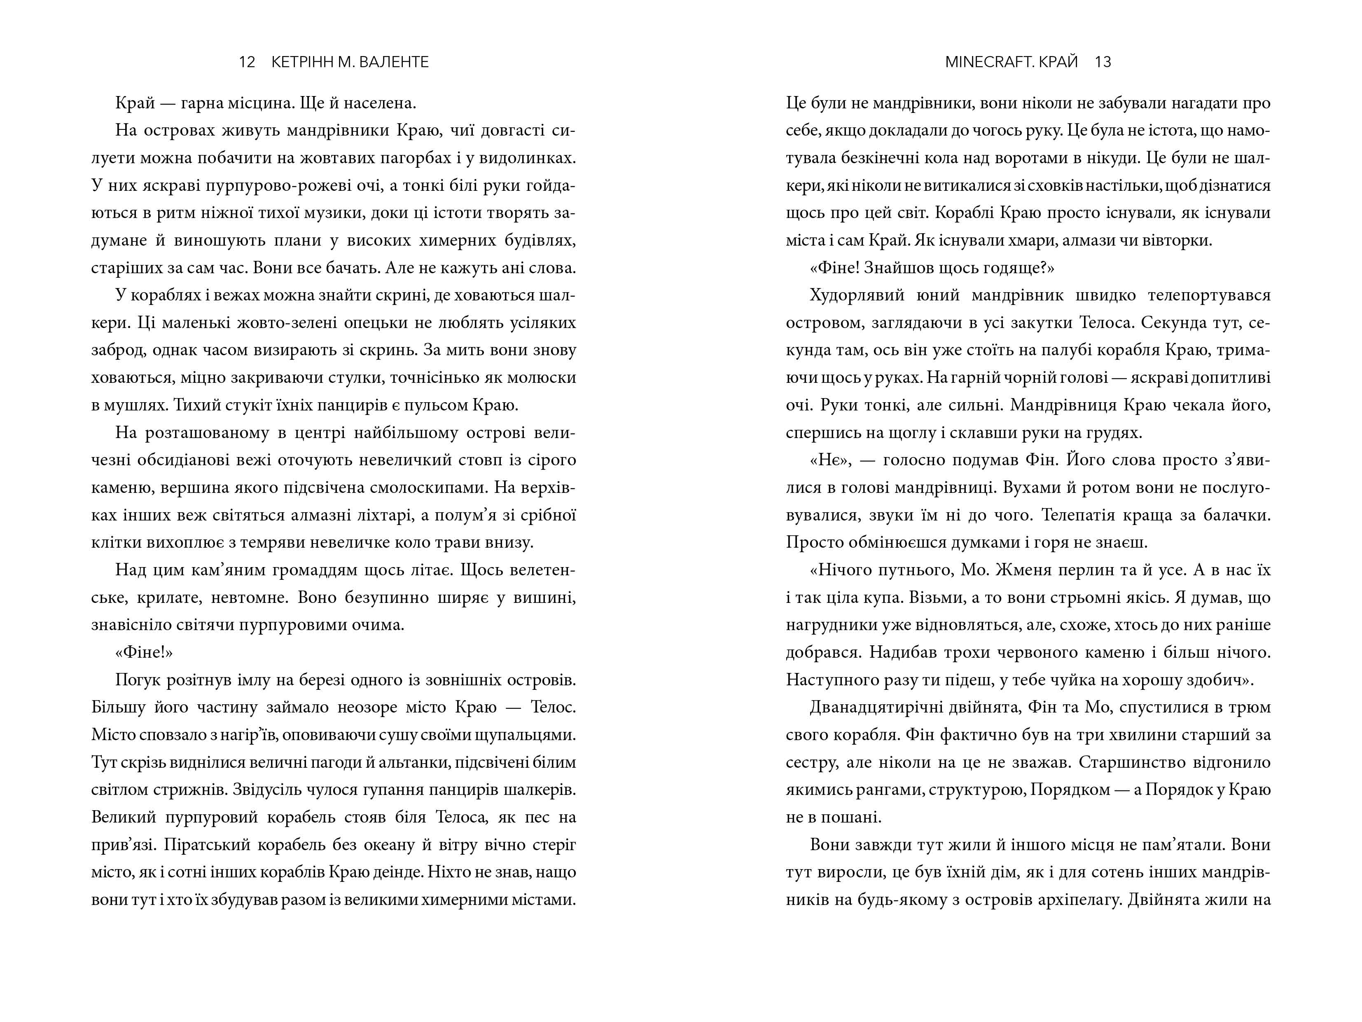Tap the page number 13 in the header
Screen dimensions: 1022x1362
coord(1103,62)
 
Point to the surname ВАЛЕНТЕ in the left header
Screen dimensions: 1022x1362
coord(394,62)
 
